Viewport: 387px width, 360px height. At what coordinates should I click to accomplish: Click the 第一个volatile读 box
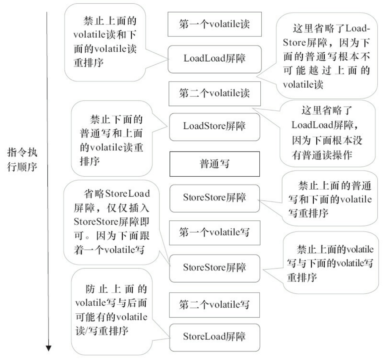pyautogui.click(x=215, y=24)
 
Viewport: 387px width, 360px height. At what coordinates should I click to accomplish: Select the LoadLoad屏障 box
pyautogui.click(x=215, y=59)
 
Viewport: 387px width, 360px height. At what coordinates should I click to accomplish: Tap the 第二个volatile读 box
pyautogui.click(x=215, y=93)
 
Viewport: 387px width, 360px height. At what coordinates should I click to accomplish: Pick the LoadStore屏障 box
pyautogui.click(x=215, y=127)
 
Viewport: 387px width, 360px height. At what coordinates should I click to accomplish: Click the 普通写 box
pyautogui.click(x=215, y=164)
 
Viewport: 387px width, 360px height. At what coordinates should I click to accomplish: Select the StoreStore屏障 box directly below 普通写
pyautogui.click(x=215, y=198)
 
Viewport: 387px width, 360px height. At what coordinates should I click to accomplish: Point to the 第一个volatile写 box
pyautogui.click(x=215, y=232)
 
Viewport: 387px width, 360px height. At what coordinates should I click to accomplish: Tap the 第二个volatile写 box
pyautogui.click(x=215, y=305)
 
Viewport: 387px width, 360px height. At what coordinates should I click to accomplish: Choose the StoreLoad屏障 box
pyautogui.click(x=215, y=337)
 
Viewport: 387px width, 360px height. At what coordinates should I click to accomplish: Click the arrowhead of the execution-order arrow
pyautogui.click(x=49, y=348)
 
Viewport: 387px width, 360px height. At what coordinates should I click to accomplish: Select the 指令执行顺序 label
pyautogui.click(x=22, y=159)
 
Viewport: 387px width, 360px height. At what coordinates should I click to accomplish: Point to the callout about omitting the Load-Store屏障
pyautogui.click(x=326, y=56)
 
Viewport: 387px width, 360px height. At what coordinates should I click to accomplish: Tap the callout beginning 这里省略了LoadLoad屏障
pyautogui.click(x=327, y=133)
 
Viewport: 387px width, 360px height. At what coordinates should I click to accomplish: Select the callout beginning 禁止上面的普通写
pyautogui.click(x=330, y=199)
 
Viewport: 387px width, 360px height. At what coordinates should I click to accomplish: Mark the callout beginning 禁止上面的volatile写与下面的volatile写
pyautogui.click(x=330, y=263)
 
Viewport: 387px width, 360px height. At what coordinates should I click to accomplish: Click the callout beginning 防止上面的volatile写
pyautogui.click(x=111, y=310)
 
